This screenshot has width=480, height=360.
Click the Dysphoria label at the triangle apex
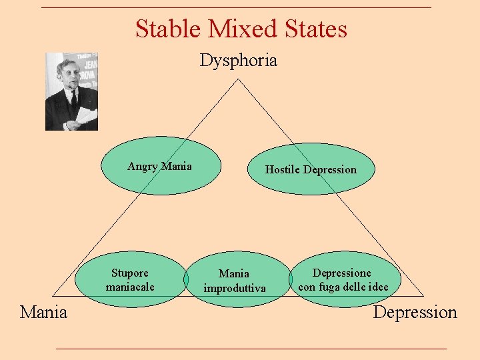[x=238, y=61]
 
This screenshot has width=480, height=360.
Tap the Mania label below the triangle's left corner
[x=43, y=312]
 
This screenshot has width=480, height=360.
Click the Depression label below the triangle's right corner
[x=415, y=312]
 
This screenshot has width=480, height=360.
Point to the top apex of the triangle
[x=238, y=79]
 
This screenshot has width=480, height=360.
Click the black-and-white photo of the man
[x=71, y=91]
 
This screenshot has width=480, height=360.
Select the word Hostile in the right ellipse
[x=282, y=169]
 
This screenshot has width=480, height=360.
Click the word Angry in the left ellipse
[x=142, y=166]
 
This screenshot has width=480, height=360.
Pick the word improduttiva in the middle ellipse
[x=234, y=288]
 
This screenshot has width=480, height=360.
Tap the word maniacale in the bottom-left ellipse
[x=130, y=287]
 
